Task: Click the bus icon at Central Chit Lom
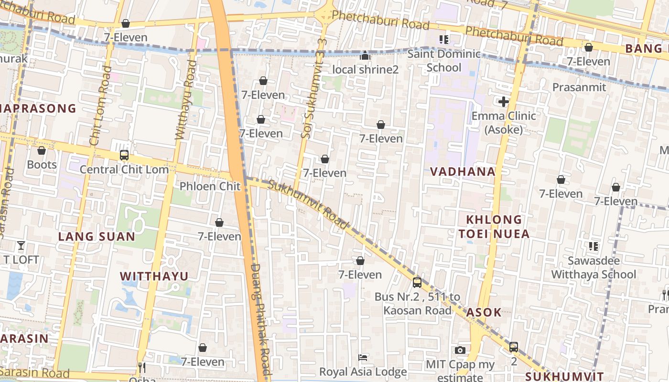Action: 124,155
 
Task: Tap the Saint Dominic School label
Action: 444,61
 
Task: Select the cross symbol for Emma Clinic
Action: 503,102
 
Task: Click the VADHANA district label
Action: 463,172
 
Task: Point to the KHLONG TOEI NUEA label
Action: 494,227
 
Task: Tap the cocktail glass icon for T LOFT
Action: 21,246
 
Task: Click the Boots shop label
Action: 42,165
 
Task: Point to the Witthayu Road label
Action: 186,100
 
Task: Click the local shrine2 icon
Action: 365,56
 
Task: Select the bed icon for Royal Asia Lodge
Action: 363,358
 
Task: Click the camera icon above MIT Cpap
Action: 460,350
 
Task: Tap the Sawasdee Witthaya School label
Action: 593,267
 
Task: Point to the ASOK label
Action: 484,313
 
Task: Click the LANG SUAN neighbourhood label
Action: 97,237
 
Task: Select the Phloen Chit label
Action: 210,186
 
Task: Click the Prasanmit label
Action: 579,87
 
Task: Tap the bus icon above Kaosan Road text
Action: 417,282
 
